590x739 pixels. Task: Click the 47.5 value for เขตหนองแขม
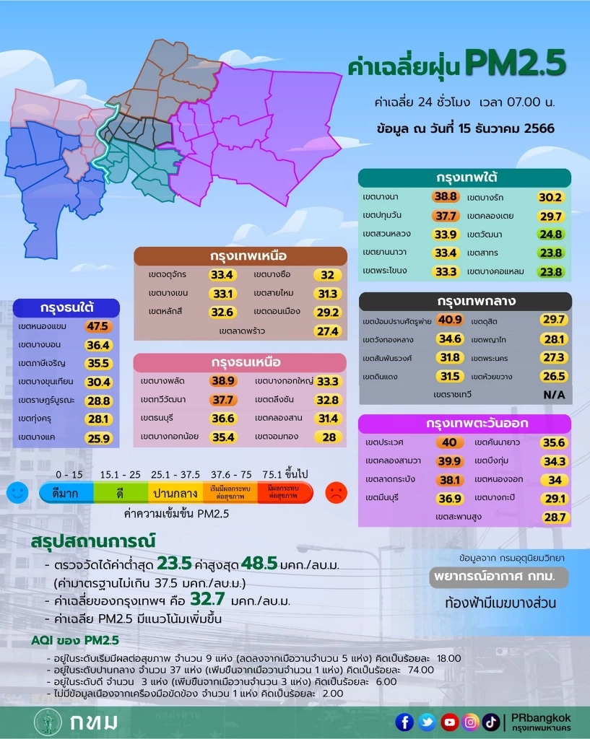point(97,326)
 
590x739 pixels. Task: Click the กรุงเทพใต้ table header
point(464,178)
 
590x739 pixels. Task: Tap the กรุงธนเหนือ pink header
point(246,362)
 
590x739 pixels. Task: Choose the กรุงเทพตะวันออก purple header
point(464,424)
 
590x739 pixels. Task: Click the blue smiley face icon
point(17,493)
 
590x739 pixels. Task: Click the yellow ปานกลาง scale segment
point(175,493)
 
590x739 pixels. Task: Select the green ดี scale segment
point(121,493)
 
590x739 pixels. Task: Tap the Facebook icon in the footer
point(404,722)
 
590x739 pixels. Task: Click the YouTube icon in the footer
point(449,722)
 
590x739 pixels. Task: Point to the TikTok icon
point(491,722)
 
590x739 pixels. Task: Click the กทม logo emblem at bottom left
point(48,722)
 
